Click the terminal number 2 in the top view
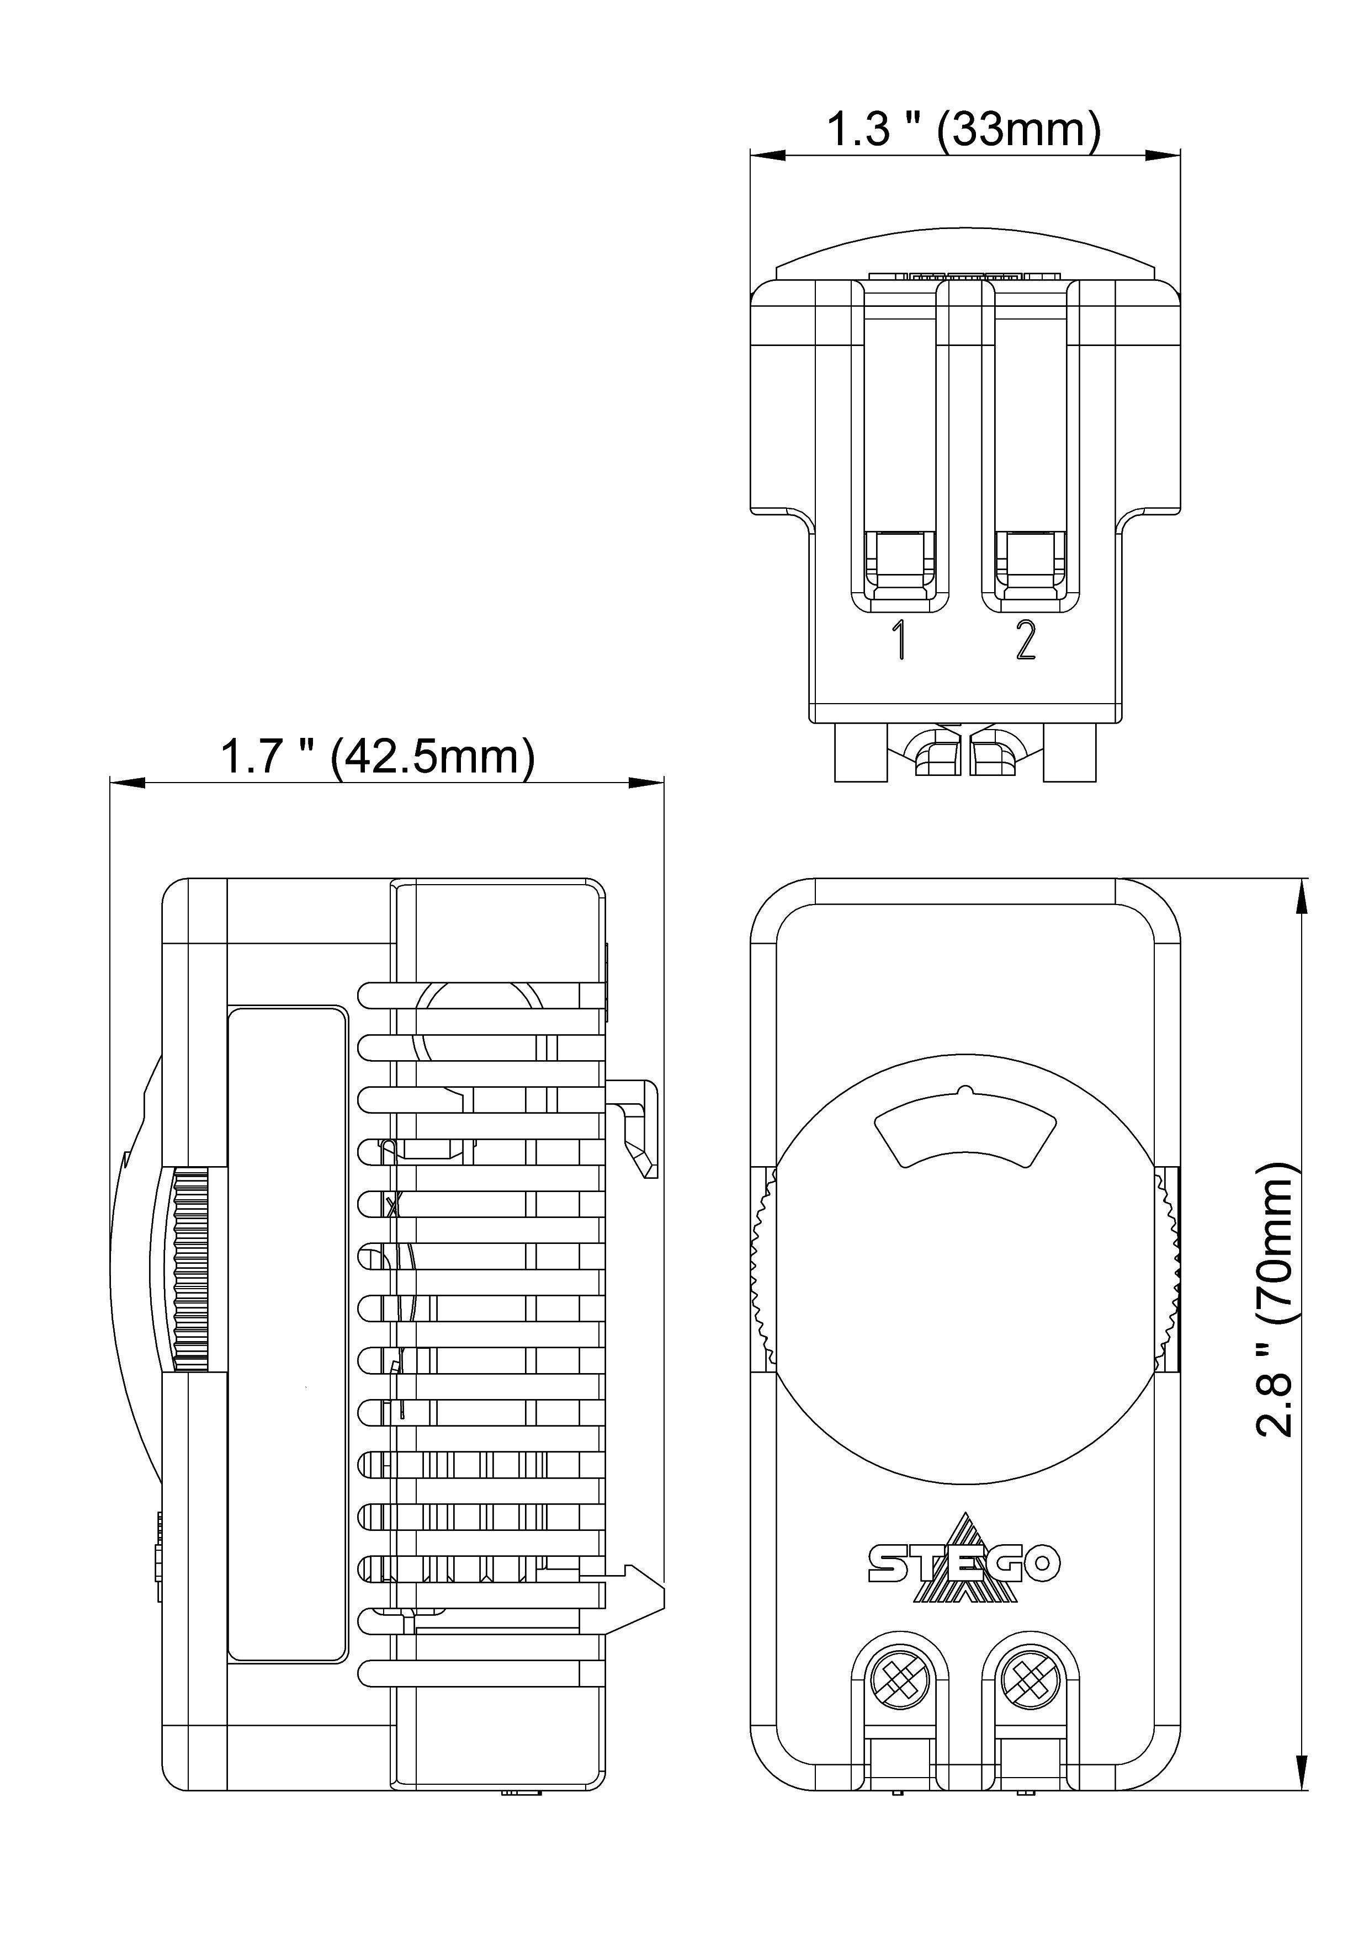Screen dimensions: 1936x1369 pyautogui.click(x=1026, y=641)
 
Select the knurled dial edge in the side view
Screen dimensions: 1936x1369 pyautogui.click(x=190, y=1269)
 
